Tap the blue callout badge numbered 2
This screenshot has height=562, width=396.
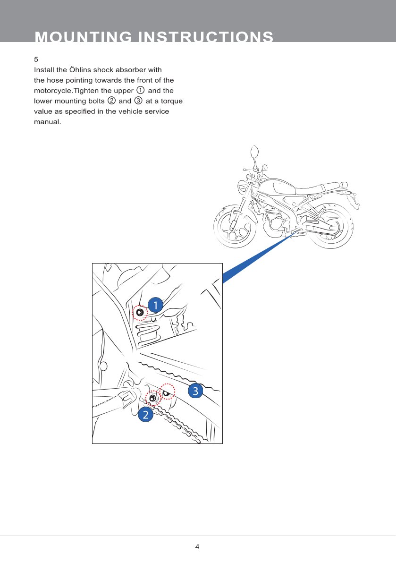click(145, 416)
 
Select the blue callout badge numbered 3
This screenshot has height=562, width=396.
click(195, 391)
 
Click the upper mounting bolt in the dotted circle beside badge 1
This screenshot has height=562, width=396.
click(140, 313)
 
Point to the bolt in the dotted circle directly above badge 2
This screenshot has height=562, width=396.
click(152, 399)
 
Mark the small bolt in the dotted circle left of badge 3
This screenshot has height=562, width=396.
click(167, 392)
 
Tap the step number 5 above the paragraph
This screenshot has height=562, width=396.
click(36, 60)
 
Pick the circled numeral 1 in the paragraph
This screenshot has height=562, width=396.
click(140, 90)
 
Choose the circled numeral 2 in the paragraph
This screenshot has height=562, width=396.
click(112, 101)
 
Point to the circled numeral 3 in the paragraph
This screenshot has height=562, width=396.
click(139, 101)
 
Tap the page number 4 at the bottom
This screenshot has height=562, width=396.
click(197, 546)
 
